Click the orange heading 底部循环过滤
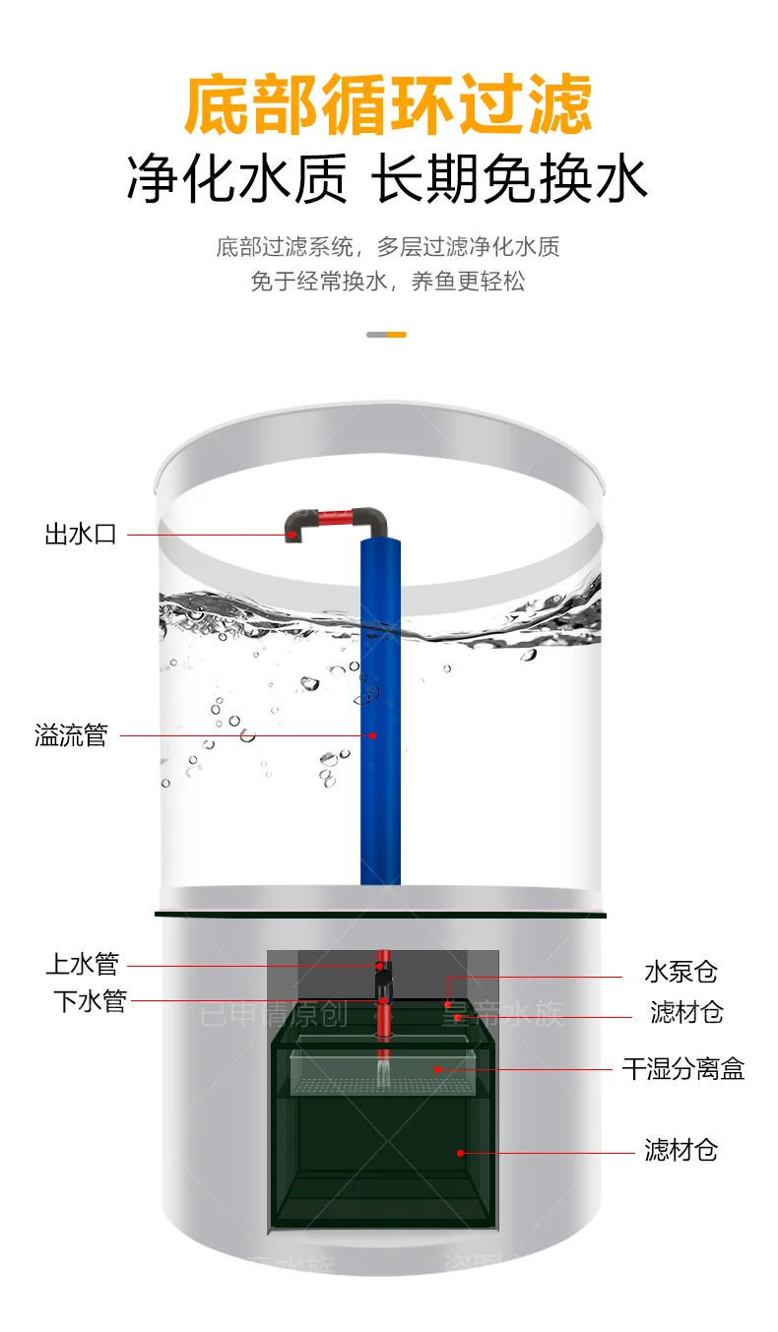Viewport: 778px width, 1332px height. [x=389, y=106]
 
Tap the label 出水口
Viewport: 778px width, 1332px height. [x=81, y=535]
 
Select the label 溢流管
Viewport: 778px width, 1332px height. [x=71, y=735]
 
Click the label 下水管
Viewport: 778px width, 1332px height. [x=90, y=1002]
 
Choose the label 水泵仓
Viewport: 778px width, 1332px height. [x=681, y=973]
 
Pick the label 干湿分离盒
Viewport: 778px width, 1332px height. [x=682, y=1069]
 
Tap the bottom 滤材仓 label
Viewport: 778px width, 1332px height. [x=681, y=1150]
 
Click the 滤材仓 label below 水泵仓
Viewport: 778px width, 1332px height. [x=686, y=1012]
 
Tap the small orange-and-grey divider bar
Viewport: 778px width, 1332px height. [x=386, y=335]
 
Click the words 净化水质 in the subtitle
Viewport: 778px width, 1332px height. [x=236, y=181]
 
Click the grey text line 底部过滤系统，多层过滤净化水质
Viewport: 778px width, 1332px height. [x=388, y=246]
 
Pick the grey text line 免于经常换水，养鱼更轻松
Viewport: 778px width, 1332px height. [x=388, y=282]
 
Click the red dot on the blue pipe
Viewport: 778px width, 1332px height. [x=373, y=734]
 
